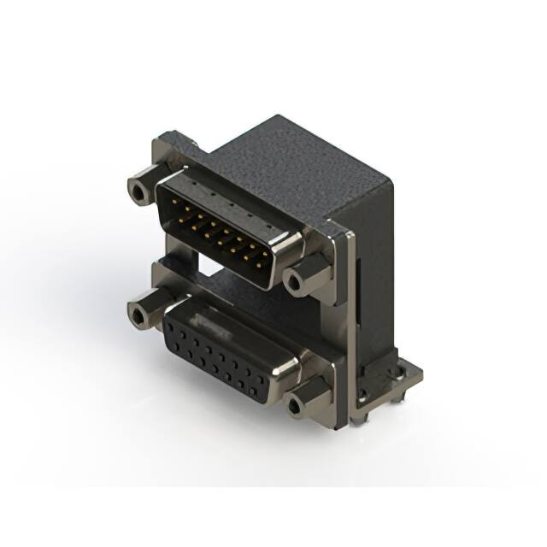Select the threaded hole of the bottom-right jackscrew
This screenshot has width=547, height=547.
[296, 406]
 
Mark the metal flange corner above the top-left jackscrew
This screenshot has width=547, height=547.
[171, 141]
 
